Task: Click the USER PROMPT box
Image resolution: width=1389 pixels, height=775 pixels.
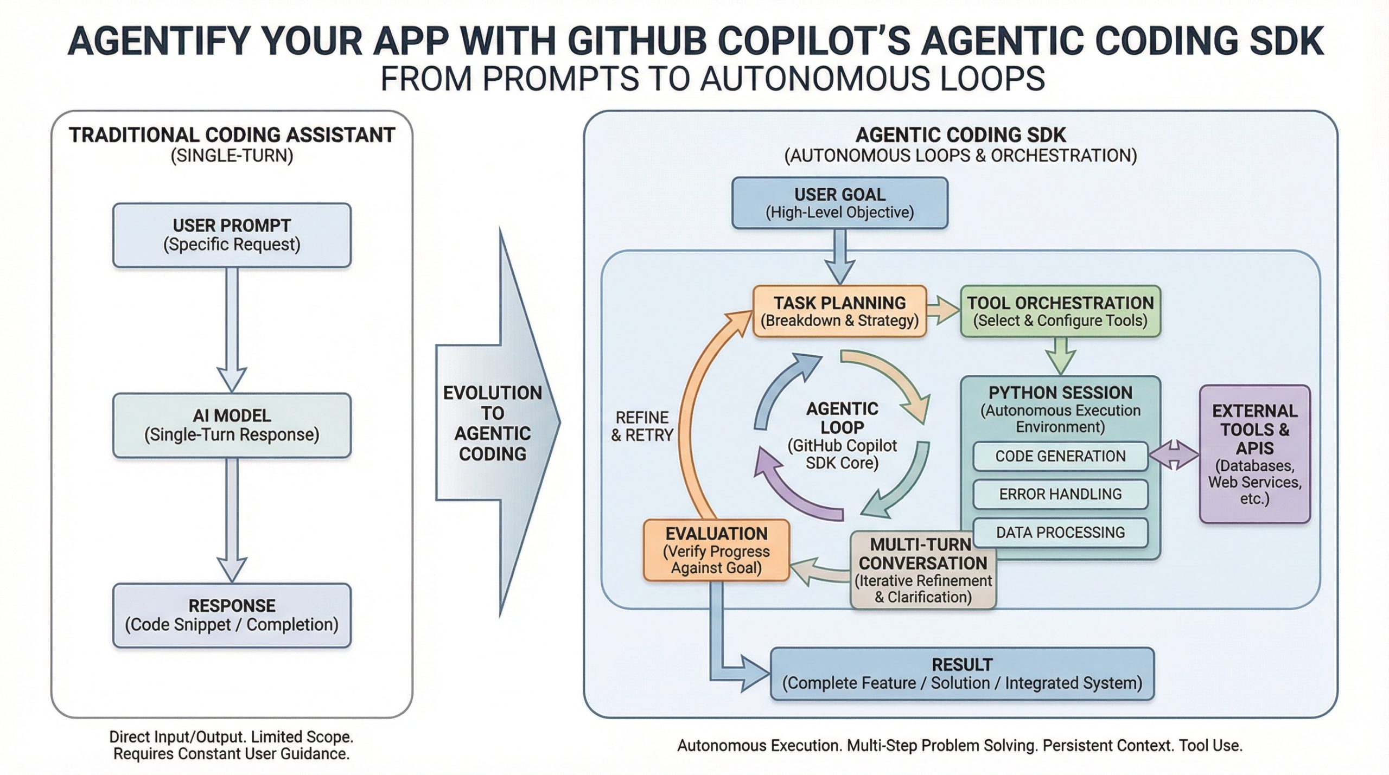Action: tap(232, 235)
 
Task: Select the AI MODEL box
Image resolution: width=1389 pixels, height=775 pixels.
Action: tap(232, 425)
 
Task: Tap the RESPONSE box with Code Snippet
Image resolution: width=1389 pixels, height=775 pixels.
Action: tap(232, 615)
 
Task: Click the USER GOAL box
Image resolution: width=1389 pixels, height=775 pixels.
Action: tap(839, 203)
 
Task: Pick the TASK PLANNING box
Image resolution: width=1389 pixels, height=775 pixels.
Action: tap(839, 311)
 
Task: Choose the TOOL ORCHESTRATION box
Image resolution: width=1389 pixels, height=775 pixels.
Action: tap(1060, 311)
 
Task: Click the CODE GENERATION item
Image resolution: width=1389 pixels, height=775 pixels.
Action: tap(1060, 456)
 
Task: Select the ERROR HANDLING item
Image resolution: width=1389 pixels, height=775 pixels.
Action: tap(1060, 494)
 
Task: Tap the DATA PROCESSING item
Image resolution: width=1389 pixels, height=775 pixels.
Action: tap(1060, 533)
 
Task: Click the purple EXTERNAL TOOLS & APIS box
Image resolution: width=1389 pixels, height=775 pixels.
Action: tap(1254, 454)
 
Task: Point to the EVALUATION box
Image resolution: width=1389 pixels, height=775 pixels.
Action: tap(716, 550)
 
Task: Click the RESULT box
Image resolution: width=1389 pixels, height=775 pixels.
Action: tap(962, 674)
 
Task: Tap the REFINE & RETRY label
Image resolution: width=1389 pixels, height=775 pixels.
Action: tap(642, 426)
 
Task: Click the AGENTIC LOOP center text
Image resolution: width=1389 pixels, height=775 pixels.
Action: tap(842, 435)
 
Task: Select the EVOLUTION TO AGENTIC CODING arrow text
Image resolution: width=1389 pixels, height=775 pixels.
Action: tap(492, 423)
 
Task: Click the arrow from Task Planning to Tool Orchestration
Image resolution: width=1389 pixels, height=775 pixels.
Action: tap(943, 311)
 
